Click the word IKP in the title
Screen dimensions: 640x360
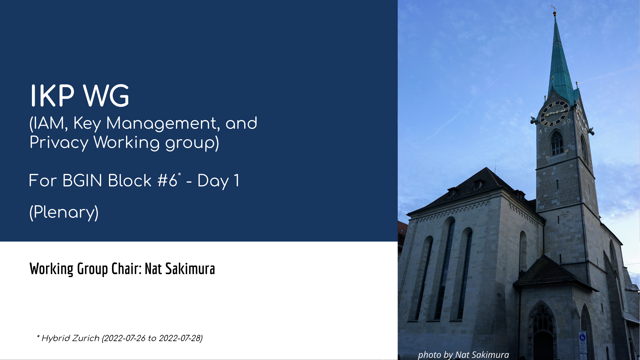pyautogui.click(x=52, y=96)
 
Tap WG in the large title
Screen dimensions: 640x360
pyautogui.click(x=107, y=96)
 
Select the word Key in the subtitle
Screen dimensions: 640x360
pyautogui.click(x=87, y=124)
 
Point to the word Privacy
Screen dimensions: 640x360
pyautogui.click(x=59, y=143)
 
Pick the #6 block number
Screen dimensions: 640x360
pyautogui.click(x=167, y=181)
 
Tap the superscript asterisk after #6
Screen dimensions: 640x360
pyautogui.click(x=179, y=174)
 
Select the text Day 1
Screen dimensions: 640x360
pyautogui.click(x=218, y=181)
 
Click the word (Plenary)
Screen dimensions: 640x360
pyautogui.click(x=64, y=212)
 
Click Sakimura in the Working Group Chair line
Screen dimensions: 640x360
pyautogui.click(x=190, y=269)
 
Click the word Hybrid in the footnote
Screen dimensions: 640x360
pyautogui.click(x=55, y=338)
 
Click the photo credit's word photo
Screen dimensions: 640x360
pyautogui.click(x=430, y=355)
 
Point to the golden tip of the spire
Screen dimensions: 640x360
pyautogui.click(x=554, y=13)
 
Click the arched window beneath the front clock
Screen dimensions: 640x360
pyautogui.click(x=557, y=143)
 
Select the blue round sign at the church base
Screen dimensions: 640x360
pyautogui.click(x=582, y=337)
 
